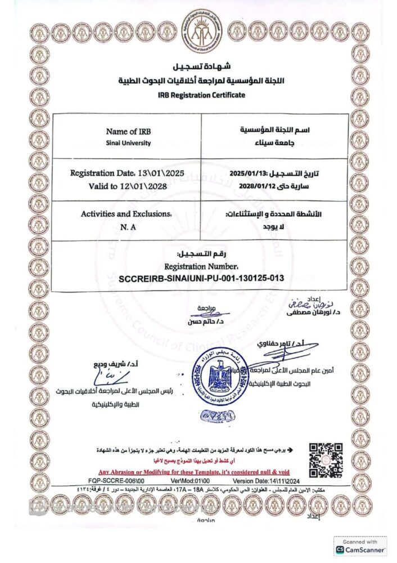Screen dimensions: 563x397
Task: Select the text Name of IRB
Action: [128, 132]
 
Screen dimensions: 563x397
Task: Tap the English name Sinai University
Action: [128, 143]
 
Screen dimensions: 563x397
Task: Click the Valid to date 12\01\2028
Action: [150, 185]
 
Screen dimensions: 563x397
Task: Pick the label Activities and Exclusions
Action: [127, 215]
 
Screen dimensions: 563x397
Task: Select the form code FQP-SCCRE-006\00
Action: [116, 482]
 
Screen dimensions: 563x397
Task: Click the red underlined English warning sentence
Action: [194, 471]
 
